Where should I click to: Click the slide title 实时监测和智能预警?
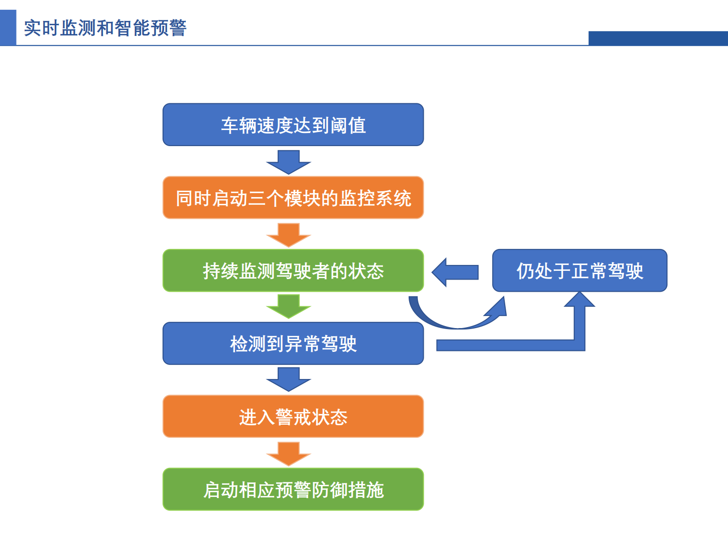click(x=105, y=28)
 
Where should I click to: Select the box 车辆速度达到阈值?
click(x=293, y=125)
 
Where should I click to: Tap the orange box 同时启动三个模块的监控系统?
click(x=293, y=198)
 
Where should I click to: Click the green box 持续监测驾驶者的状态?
click(x=293, y=270)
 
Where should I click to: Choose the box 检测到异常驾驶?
click(x=293, y=343)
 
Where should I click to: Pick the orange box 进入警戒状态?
click(x=293, y=416)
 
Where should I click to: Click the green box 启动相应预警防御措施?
click(x=293, y=489)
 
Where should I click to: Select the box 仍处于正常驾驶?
click(x=579, y=270)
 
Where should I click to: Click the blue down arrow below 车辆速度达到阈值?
click(x=289, y=162)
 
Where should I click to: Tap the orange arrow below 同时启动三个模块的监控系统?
click(x=289, y=235)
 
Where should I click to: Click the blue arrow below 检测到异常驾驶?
click(x=289, y=379)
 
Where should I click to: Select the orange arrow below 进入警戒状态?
click(x=289, y=453)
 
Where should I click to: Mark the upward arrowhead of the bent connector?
click(x=579, y=300)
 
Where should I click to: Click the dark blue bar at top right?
click(x=658, y=38)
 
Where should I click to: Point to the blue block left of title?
click(x=8, y=28)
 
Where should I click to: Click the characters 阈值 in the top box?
click(x=348, y=125)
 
